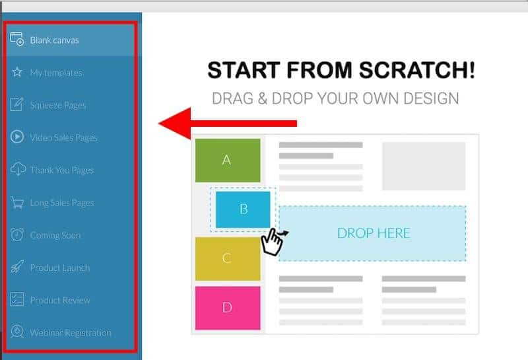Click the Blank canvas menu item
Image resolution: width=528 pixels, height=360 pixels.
[x=55, y=40]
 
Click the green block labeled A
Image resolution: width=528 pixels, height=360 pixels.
[x=228, y=160]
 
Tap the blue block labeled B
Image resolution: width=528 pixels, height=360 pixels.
[x=243, y=209]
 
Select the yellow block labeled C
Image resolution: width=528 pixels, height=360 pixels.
[x=228, y=258]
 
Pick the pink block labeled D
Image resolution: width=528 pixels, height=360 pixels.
[x=228, y=308]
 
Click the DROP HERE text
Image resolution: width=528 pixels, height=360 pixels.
[x=374, y=233]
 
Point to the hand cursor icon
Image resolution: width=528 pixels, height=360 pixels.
[x=273, y=241]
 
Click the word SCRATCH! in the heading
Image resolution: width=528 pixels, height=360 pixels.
[x=417, y=70]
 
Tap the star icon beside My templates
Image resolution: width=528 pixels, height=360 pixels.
[x=17, y=72]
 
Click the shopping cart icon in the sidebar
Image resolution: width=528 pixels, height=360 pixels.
[x=17, y=203]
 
